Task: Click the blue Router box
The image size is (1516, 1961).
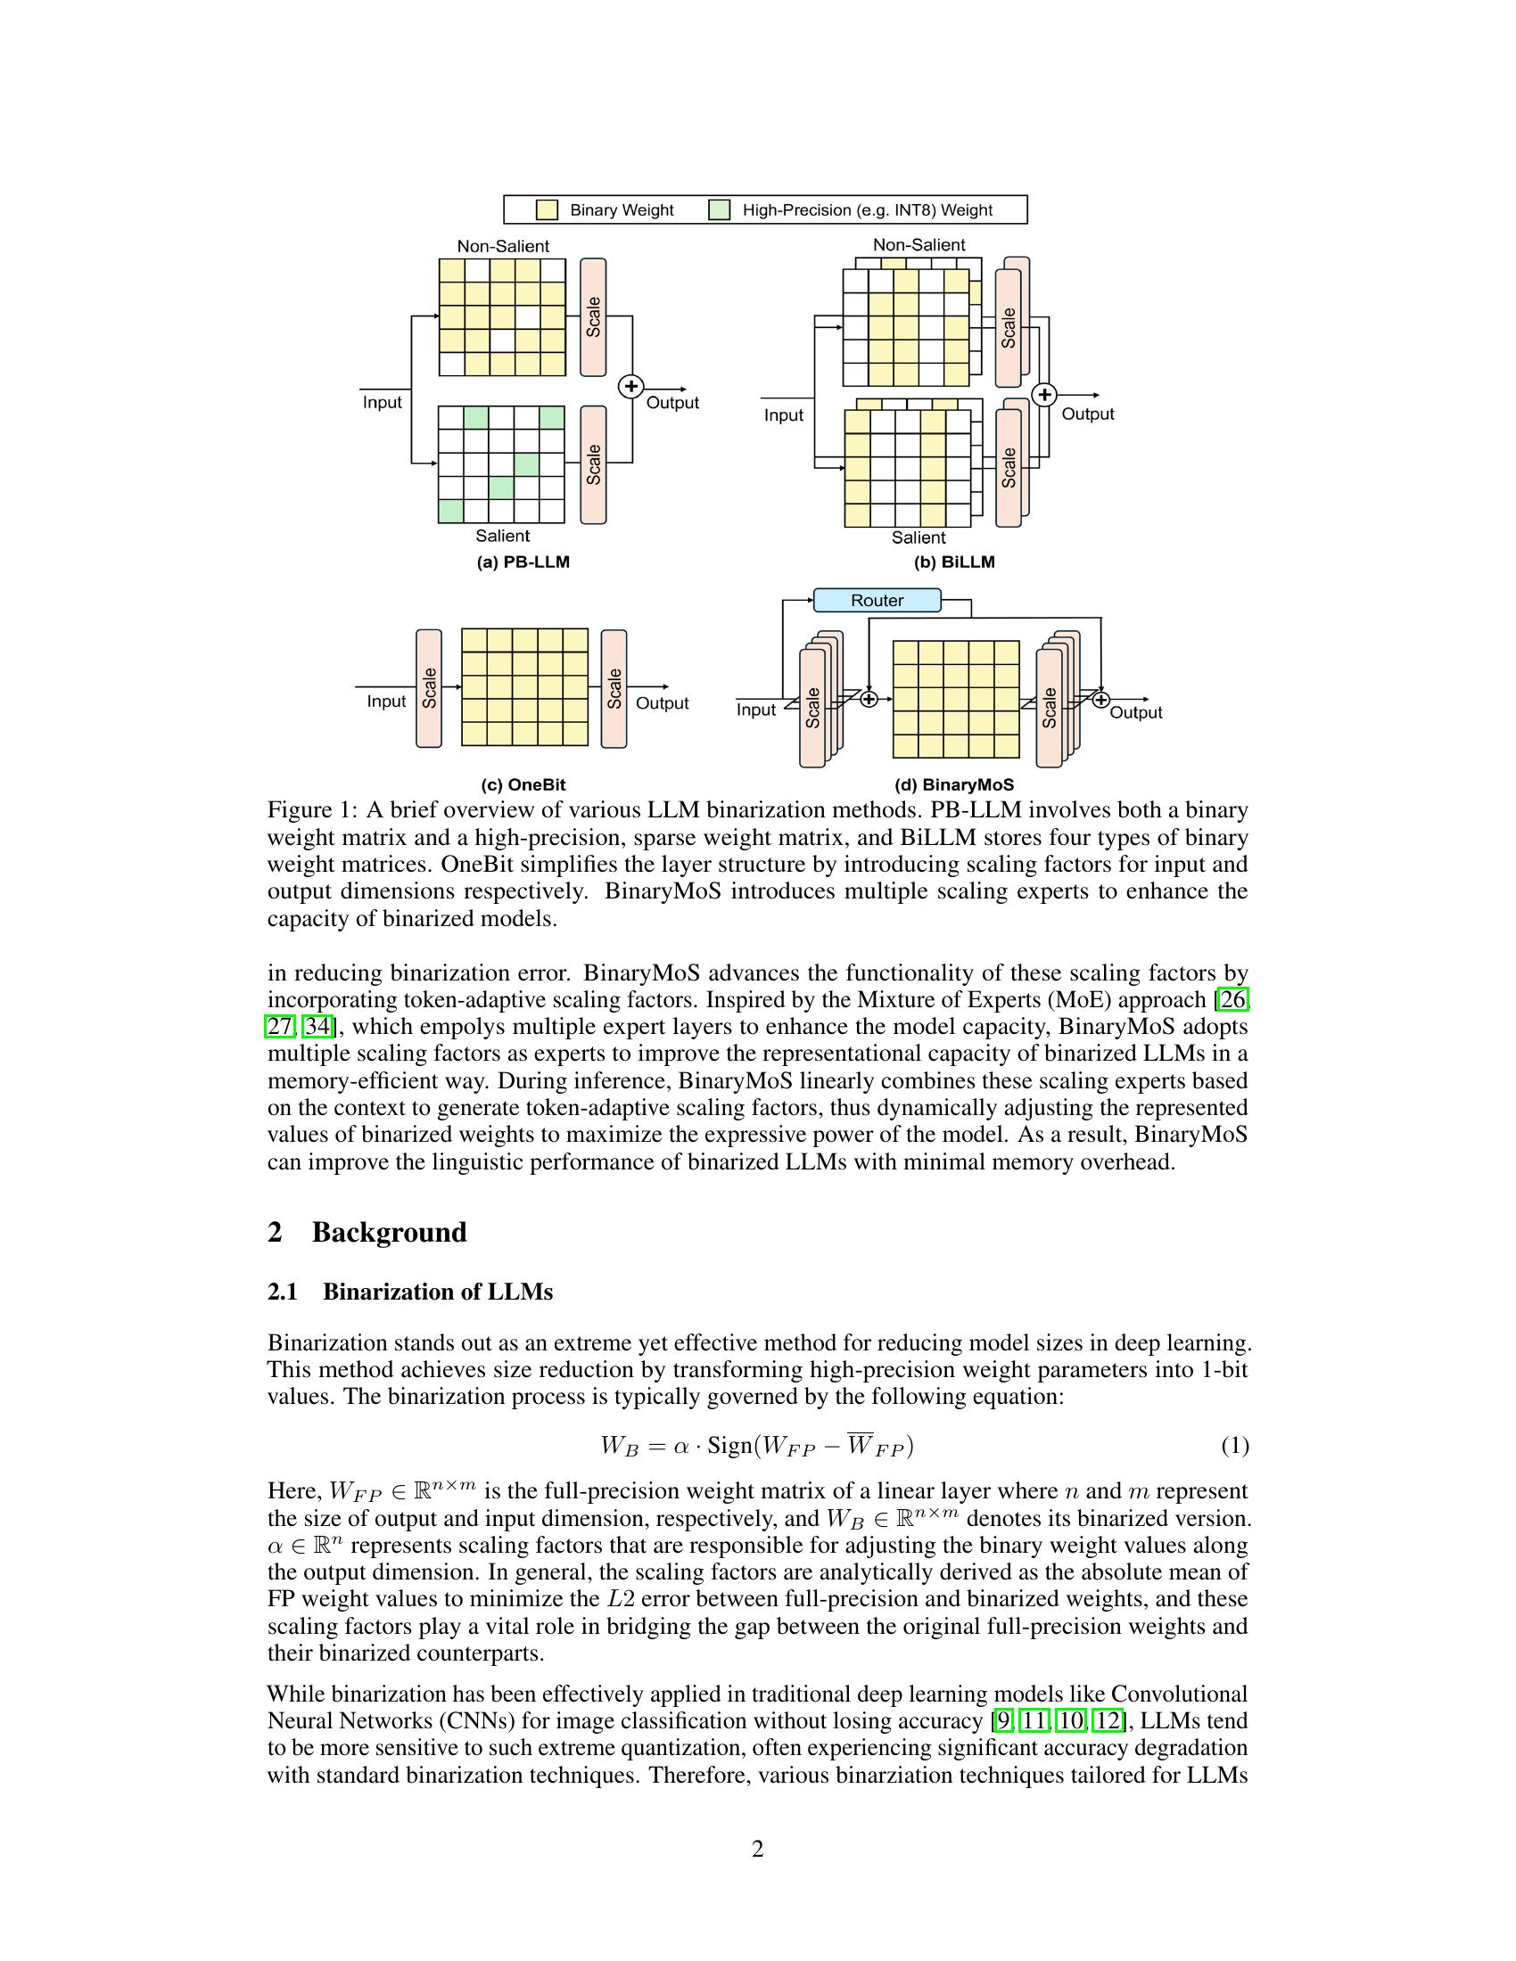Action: pos(877,600)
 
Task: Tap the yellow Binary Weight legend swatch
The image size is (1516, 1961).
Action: pos(547,210)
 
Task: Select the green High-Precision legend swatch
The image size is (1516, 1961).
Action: pos(719,210)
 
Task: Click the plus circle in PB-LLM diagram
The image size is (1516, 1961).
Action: pos(631,386)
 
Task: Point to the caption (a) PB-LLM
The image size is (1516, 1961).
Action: pos(523,562)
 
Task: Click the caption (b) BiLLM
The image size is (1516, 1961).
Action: pos(954,562)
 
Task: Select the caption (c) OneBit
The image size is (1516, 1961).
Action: pos(523,784)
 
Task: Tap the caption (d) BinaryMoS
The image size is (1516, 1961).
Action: pos(954,784)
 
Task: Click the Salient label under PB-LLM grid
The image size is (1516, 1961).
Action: pos(502,536)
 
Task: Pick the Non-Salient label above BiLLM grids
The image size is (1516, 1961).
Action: pos(919,244)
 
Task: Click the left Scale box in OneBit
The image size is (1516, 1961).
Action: pos(429,688)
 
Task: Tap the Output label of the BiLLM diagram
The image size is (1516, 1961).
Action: pos(1088,414)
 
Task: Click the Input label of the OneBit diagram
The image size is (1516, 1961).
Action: pos(386,702)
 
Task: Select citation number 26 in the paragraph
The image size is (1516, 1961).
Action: pos(1232,999)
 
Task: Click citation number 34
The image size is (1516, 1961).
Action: pos(317,1026)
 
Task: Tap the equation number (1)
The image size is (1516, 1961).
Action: pos(1234,1446)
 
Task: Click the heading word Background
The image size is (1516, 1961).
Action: pos(389,1232)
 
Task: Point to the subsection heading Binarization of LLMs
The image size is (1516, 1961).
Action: pos(437,1292)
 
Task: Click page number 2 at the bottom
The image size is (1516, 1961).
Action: pos(757,1849)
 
